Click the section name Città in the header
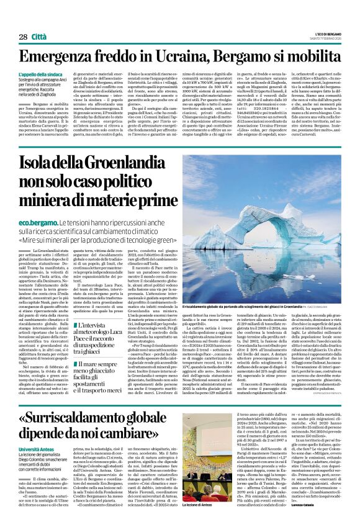point(42,37)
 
